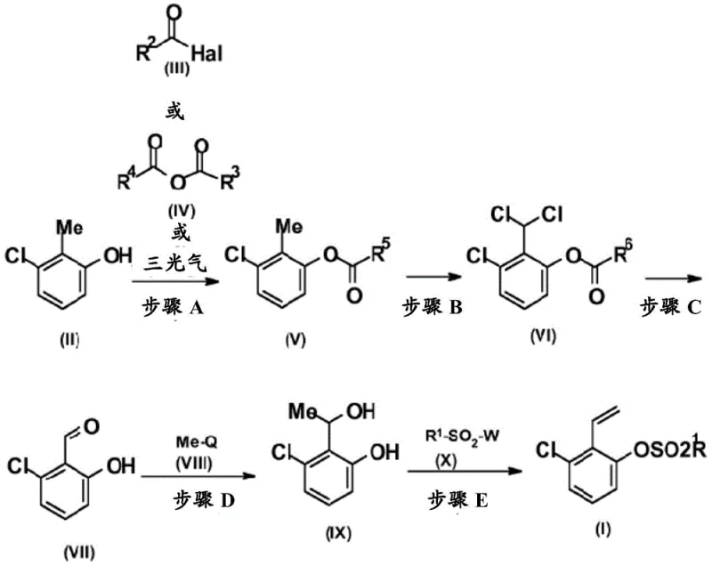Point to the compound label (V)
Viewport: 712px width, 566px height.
pos(287,338)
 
